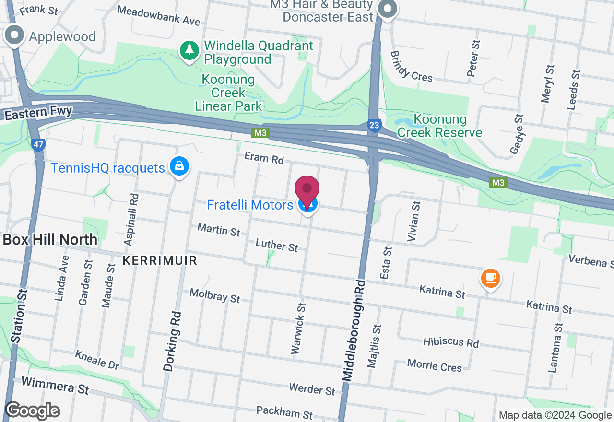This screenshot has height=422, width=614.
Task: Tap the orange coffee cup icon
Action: tap(490, 278)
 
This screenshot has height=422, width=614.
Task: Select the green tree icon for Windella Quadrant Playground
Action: tap(190, 50)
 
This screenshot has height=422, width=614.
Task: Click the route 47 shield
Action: tap(39, 144)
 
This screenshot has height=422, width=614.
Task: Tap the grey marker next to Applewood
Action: tap(15, 36)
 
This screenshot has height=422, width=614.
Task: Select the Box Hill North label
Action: tap(50, 240)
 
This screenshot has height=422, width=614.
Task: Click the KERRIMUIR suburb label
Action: tap(160, 260)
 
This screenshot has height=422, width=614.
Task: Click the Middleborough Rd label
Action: tap(354, 330)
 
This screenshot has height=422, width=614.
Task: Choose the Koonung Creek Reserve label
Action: tap(440, 126)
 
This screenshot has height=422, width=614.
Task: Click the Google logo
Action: tap(32, 410)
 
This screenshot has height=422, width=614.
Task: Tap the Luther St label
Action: tap(277, 245)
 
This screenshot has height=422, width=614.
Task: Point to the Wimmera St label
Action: tap(55, 385)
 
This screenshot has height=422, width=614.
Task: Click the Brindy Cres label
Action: tap(411, 67)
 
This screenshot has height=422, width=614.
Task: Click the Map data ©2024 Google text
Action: tap(555, 415)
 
